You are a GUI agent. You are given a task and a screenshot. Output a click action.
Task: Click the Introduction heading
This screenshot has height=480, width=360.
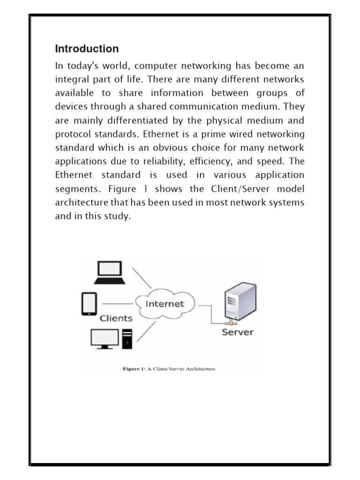click(87, 49)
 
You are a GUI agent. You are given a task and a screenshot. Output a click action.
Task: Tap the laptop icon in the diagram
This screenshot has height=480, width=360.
click(109, 273)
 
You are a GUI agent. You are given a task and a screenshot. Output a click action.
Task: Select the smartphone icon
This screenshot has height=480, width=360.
click(89, 303)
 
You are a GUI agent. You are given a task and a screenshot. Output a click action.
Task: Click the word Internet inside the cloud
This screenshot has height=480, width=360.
click(165, 303)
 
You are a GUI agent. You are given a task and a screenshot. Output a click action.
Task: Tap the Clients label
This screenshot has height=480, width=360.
click(116, 318)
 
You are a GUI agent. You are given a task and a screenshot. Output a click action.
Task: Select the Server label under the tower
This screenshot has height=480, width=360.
click(237, 332)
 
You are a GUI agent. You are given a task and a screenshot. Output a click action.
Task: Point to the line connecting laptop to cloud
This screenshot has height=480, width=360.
click(142, 278)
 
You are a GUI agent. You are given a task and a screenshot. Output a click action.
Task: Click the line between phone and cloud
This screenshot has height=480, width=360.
click(117, 303)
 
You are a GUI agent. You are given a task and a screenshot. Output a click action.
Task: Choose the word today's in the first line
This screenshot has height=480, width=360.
click(81, 66)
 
